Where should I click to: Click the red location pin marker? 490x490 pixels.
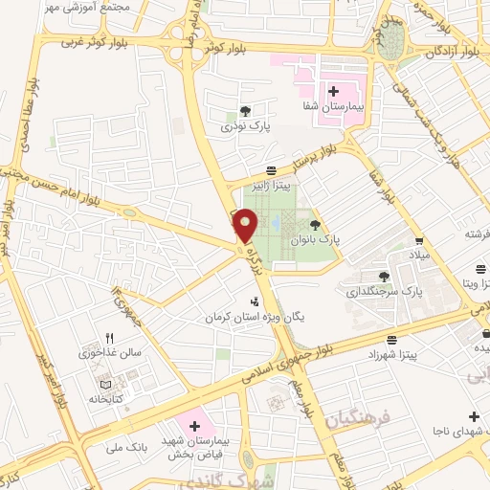(246, 226)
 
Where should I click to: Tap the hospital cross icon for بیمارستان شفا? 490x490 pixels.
(334, 92)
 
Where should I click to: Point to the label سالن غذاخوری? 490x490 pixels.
(109, 351)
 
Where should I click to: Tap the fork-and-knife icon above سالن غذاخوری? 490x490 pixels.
(109, 337)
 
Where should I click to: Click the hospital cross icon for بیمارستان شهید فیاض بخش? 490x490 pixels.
(194, 424)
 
